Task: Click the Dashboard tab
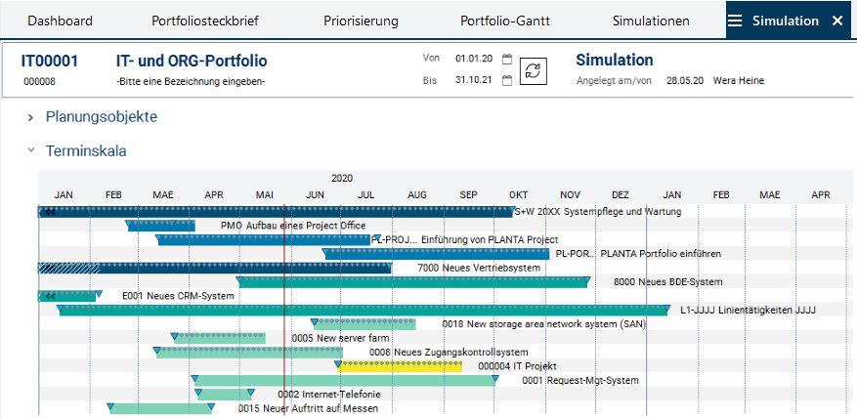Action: (x=60, y=21)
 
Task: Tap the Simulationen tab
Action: (x=651, y=21)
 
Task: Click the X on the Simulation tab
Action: (x=836, y=21)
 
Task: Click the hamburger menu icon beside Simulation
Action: (x=735, y=21)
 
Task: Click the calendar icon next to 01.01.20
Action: (x=507, y=59)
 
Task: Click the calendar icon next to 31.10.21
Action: (x=507, y=80)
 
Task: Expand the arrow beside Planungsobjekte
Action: (x=31, y=117)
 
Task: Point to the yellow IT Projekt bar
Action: (x=401, y=366)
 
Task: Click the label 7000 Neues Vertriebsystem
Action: (x=479, y=268)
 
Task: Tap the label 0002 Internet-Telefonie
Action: (x=313, y=395)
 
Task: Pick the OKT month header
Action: (x=518, y=195)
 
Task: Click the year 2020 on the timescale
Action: (x=342, y=179)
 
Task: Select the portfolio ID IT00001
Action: (x=50, y=61)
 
